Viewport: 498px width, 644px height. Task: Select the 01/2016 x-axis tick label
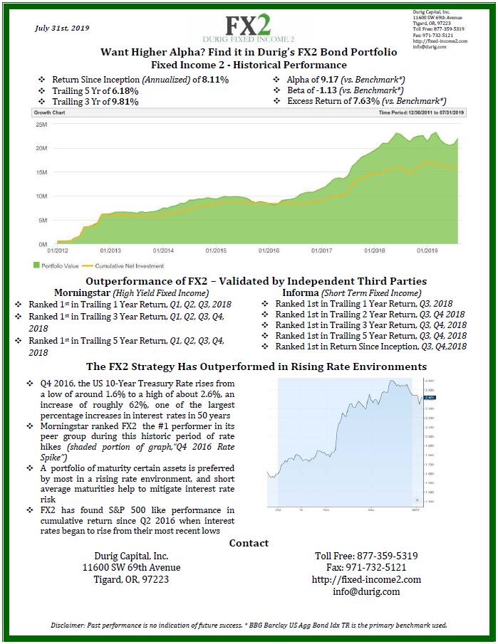click(269, 250)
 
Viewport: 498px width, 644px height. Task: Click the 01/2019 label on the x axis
click(427, 250)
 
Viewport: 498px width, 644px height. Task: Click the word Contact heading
click(249, 543)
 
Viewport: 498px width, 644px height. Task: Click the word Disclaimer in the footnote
click(70, 625)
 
